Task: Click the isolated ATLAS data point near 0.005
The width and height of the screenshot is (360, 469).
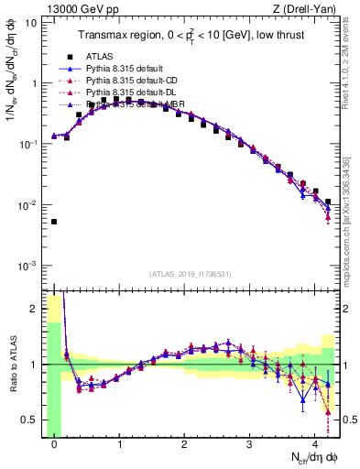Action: pos(54,222)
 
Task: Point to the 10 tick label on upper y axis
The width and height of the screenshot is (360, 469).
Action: pos(30,22)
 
